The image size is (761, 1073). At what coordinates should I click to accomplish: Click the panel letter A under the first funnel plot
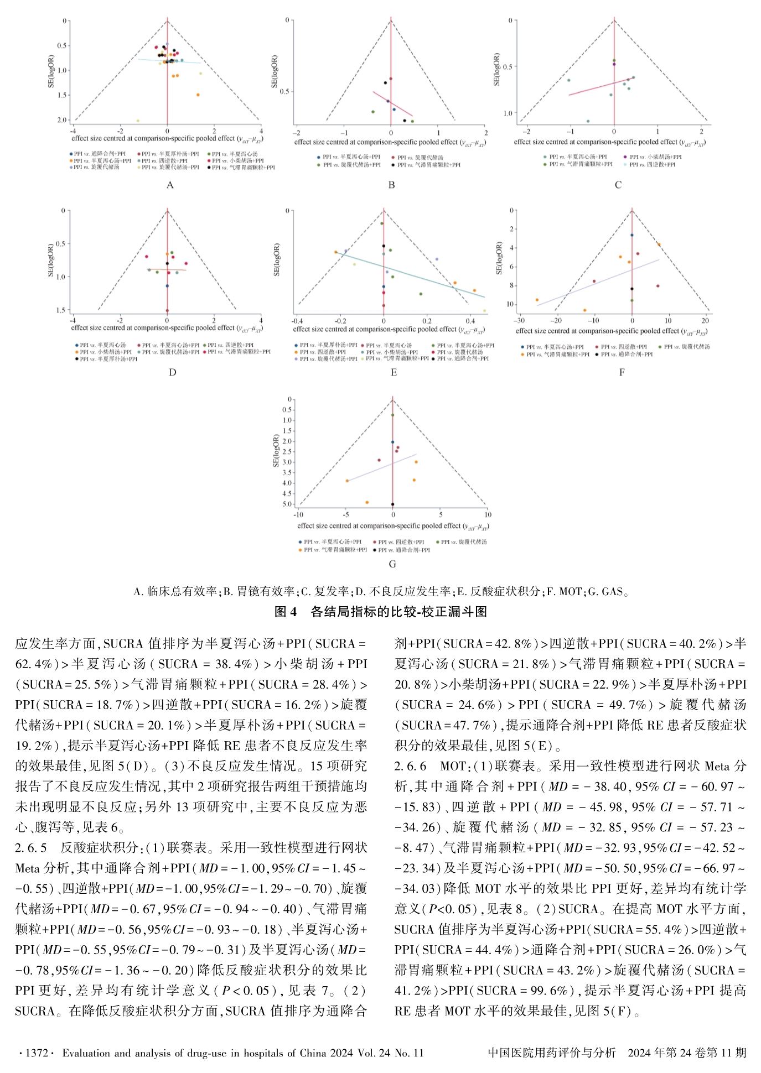pyautogui.click(x=170, y=185)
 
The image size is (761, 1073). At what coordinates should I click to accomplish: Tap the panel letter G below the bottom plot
pyautogui.click(x=392, y=564)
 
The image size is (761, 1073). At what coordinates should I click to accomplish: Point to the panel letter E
pyautogui.click(x=394, y=373)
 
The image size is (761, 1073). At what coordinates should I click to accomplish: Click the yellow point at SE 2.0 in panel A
pyautogui.click(x=138, y=121)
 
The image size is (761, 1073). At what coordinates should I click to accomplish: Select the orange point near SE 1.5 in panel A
pyautogui.click(x=198, y=95)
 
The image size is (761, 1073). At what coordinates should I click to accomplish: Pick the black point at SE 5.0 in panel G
pyautogui.click(x=393, y=504)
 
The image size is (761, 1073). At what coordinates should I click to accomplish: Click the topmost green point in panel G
pyautogui.click(x=393, y=415)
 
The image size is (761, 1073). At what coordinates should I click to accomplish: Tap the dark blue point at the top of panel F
pyautogui.click(x=632, y=235)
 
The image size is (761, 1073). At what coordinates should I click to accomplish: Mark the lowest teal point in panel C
pyautogui.click(x=588, y=121)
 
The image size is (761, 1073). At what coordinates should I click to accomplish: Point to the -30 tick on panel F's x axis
pyautogui.click(x=519, y=320)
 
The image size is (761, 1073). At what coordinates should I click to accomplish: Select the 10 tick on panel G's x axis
pyautogui.click(x=488, y=515)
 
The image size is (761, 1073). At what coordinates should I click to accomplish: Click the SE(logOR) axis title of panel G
pyautogui.click(x=276, y=451)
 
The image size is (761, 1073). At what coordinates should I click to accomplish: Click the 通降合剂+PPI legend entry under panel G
pyautogui.click(x=403, y=550)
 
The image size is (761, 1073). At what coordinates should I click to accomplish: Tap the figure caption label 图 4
pyautogui.click(x=286, y=612)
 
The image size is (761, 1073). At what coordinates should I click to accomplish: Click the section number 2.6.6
pyautogui.click(x=410, y=766)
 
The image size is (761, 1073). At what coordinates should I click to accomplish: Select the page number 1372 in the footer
pyautogui.click(x=37, y=1053)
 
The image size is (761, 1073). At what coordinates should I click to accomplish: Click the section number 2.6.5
pyautogui.click(x=31, y=848)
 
